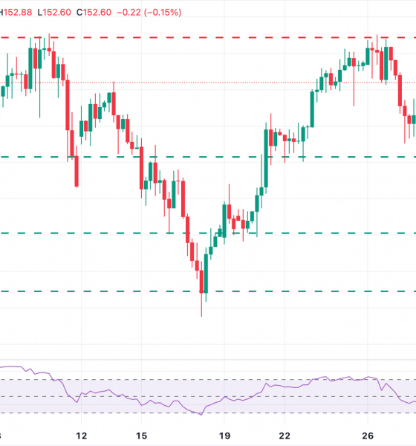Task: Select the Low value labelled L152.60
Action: [x=59, y=13]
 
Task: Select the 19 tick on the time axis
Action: [x=225, y=436]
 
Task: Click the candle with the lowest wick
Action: [x=201, y=297]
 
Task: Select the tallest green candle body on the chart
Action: [x=265, y=160]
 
